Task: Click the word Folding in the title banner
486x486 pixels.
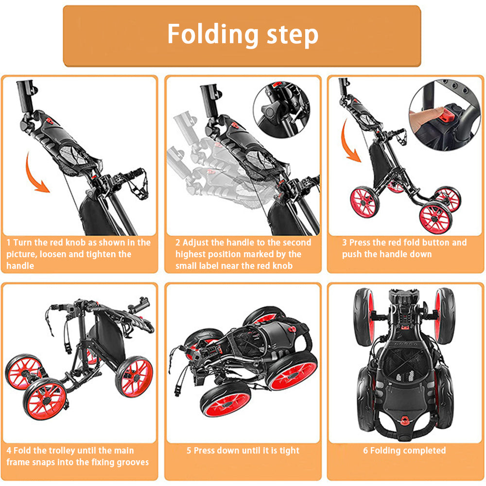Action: pyautogui.click(x=213, y=35)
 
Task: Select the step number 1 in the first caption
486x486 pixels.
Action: pyautogui.click(x=8, y=243)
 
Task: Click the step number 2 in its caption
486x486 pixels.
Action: pyautogui.click(x=177, y=243)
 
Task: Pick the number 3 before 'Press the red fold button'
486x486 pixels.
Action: pyautogui.click(x=345, y=243)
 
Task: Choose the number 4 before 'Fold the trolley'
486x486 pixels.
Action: pyautogui.click(x=9, y=451)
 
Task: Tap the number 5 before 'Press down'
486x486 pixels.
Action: pyautogui.click(x=189, y=451)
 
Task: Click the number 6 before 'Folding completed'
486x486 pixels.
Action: pyautogui.click(x=365, y=451)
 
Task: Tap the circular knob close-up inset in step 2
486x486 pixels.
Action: pyautogui.click(x=281, y=110)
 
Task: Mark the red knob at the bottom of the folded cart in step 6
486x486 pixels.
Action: pyautogui.click(x=404, y=420)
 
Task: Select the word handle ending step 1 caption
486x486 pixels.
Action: pyautogui.click(x=20, y=266)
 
